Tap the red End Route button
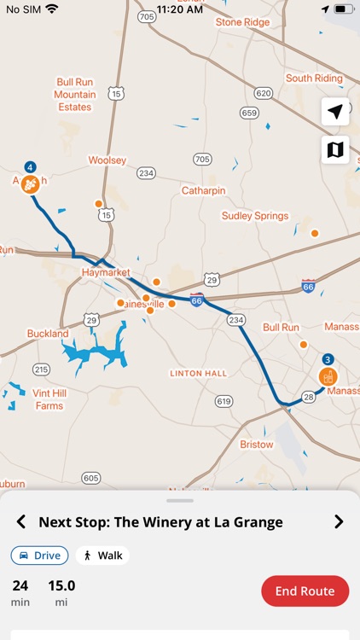point(305,591)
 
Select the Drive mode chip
point(40,556)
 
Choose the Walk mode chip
point(102,556)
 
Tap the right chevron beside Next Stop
point(339,522)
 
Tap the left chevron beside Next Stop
point(21,522)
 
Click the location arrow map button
point(335,112)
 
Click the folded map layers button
point(335,149)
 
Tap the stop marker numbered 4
point(30,182)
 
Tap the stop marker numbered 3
point(328,375)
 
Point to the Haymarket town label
point(105,272)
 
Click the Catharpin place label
point(204,191)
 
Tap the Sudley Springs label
point(255,216)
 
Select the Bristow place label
point(257,445)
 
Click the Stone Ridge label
point(242,22)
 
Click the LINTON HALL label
point(198,374)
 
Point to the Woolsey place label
point(107,160)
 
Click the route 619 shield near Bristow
point(224,401)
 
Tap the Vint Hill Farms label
point(49,399)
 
